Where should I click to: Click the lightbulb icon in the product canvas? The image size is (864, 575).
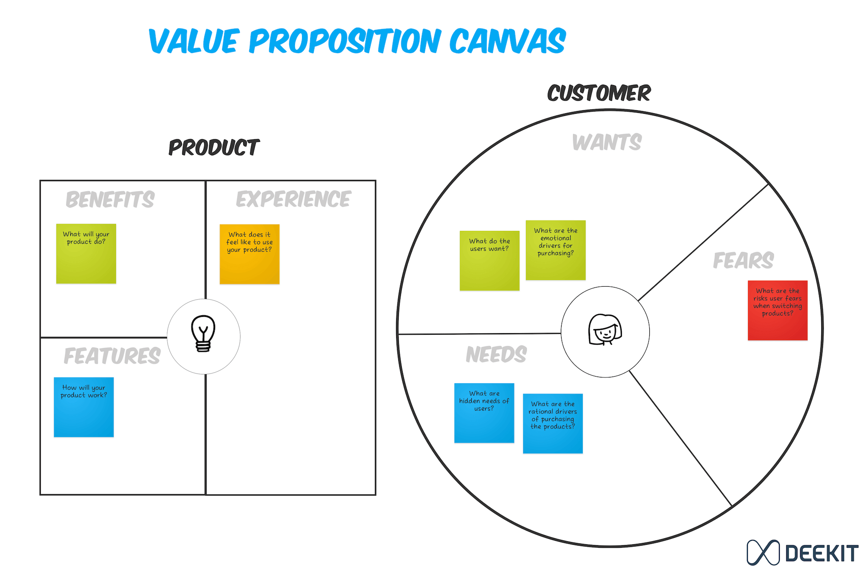tap(203, 333)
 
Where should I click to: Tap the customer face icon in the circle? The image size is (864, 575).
tap(605, 330)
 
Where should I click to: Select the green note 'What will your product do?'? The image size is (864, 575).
tap(86, 254)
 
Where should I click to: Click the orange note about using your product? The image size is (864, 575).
tap(250, 254)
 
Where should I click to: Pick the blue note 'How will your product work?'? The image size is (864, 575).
tap(84, 407)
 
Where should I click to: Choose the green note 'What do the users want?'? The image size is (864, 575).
tap(489, 261)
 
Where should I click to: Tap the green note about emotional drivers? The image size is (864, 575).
tap(556, 250)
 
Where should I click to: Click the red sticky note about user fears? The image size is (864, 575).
tap(778, 310)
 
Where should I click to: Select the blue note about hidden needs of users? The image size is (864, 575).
tap(484, 413)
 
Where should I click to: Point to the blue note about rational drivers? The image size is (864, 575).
tap(553, 424)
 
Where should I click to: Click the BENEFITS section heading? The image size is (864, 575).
tap(110, 199)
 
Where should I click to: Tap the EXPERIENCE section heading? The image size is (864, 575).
tap(294, 199)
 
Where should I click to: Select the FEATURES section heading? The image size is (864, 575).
tap(112, 356)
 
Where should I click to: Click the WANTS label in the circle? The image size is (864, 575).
tap(607, 142)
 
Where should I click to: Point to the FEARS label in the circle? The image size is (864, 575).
tap(743, 260)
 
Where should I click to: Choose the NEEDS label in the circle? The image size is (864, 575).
tap(496, 355)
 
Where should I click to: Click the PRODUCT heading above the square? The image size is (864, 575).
tap(214, 147)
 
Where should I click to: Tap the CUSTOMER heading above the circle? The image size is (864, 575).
tap(599, 93)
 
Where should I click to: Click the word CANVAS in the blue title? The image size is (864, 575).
tap(508, 41)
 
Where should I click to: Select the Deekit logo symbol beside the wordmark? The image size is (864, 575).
tap(763, 553)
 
